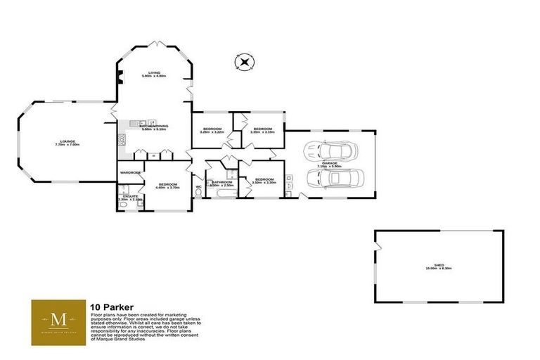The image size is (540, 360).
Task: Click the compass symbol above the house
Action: point(244,63)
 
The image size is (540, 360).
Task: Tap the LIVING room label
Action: point(153,73)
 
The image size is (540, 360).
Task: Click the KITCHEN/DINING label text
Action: point(153,126)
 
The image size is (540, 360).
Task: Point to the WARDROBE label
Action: point(130,172)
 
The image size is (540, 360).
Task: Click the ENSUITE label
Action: point(129,196)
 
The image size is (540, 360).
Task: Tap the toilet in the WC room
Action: point(198,191)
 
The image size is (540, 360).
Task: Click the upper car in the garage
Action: point(329,150)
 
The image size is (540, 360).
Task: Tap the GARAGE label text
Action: point(330,163)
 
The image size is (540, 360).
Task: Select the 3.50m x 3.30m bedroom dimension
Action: point(264,183)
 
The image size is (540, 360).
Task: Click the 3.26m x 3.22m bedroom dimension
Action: point(212,132)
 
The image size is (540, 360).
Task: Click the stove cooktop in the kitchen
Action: point(122,138)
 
